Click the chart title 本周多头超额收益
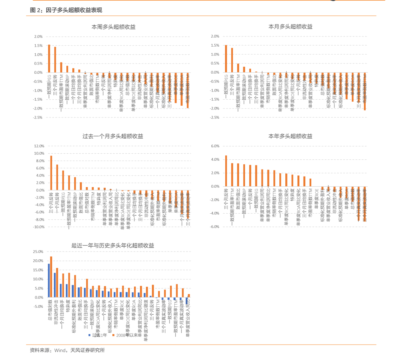(113, 27)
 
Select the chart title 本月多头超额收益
(290, 27)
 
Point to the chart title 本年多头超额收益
(290, 136)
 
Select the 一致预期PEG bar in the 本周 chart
(49, 59)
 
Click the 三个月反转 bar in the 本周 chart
(55, 60)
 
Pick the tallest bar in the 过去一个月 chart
(51, 173)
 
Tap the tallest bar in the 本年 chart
(226, 171)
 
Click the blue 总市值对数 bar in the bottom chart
(49, 280)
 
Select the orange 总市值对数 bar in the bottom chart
(51, 277)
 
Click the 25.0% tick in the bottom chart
(38, 252)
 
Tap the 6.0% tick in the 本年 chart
(214, 146)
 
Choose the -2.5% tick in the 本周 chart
(38, 118)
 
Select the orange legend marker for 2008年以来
(113, 335)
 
